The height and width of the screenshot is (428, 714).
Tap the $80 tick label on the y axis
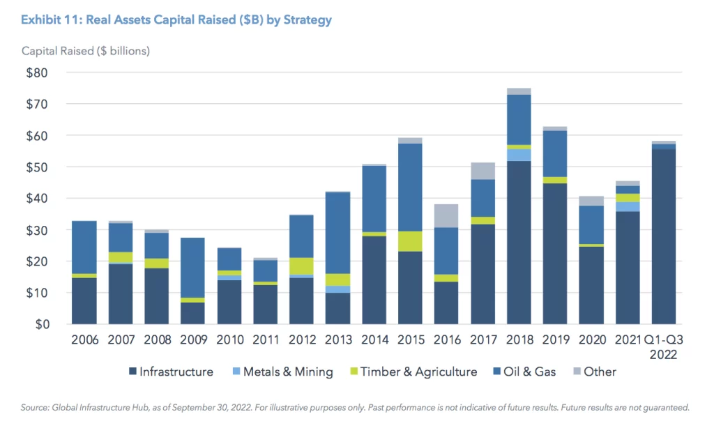point(38,72)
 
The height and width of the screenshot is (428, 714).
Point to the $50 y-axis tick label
point(38,167)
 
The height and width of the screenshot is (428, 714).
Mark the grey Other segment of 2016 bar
point(446,215)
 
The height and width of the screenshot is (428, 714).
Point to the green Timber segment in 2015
point(409,241)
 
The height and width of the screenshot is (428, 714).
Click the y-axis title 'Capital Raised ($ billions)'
point(86,52)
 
